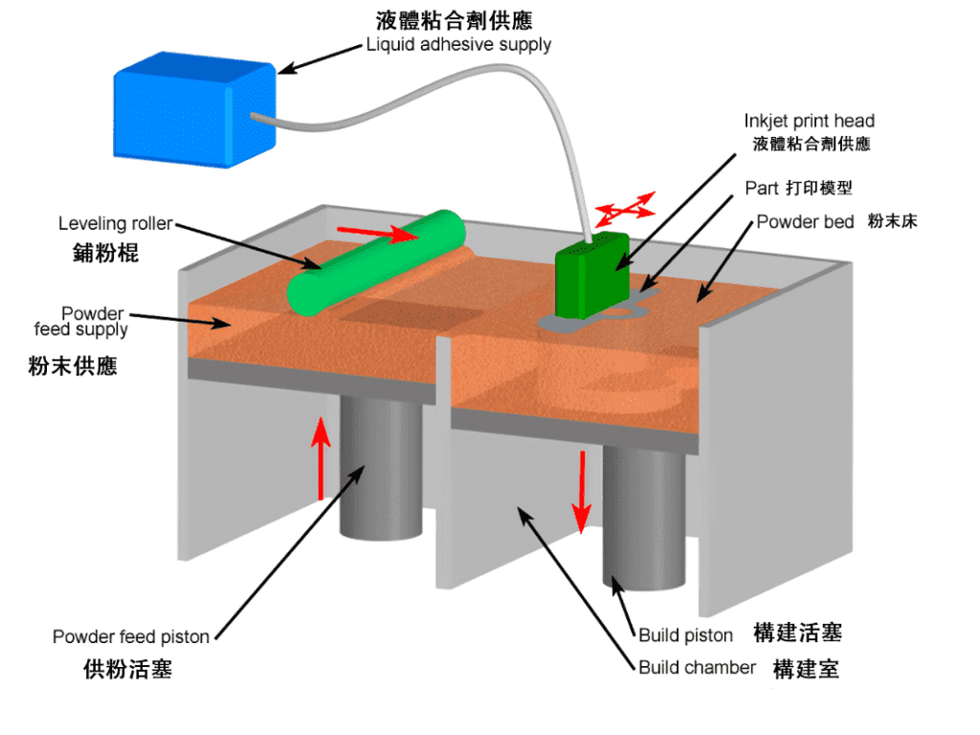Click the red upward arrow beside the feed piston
click(322, 458)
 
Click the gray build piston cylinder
click(643, 517)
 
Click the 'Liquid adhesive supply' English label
click(458, 44)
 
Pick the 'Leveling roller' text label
click(115, 224)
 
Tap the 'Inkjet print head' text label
click(809, 122)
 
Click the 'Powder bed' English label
click(805, 222)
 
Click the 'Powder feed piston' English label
click(130, 636)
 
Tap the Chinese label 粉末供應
click(73, 366)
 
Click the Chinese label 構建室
click(806, 668)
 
